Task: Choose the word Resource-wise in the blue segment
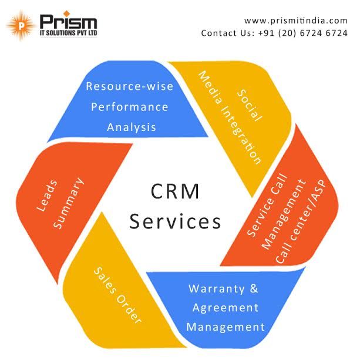130,86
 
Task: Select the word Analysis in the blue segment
131,126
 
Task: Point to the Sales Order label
118,295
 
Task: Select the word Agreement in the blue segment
224,308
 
